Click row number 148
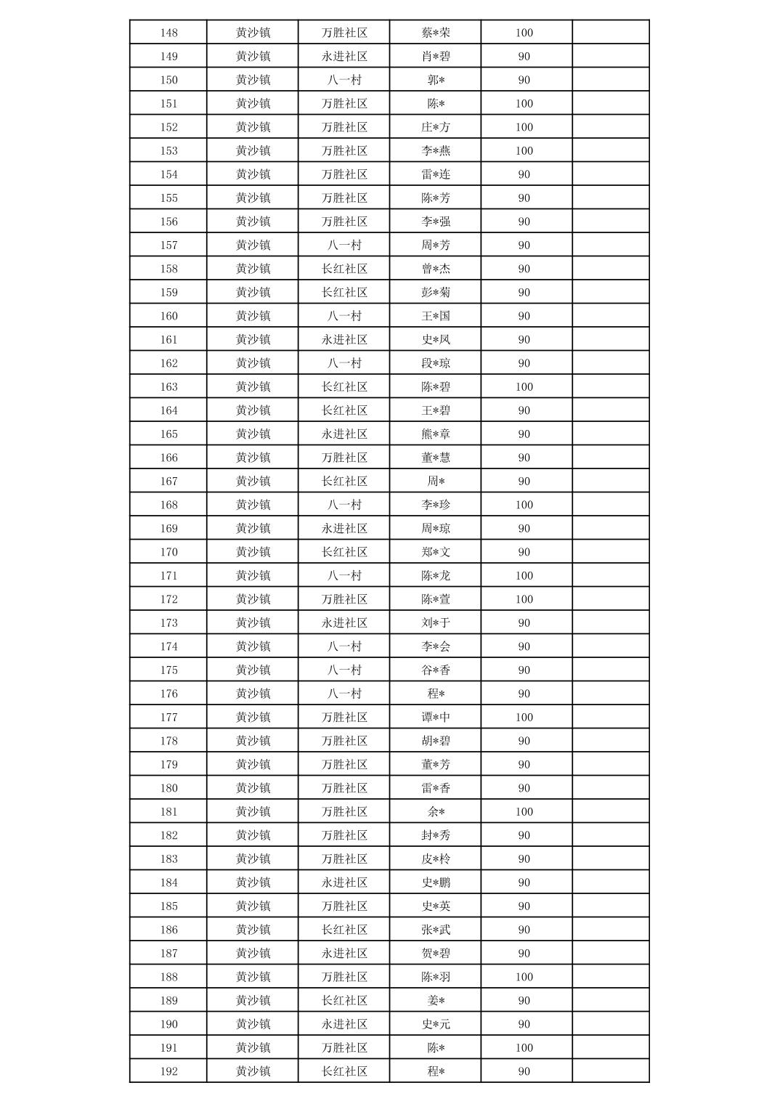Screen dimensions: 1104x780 pos(168,33)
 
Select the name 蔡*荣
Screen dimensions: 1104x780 pos(436,33)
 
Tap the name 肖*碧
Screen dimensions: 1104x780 pos(436,57)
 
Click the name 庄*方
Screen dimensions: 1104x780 pos(436,127)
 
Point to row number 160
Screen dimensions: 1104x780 pos(168,316)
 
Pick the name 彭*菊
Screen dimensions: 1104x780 pos(436,293)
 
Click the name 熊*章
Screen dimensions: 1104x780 pos(436,434)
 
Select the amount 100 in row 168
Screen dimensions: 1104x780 pos(524,505)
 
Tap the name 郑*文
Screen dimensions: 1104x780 pos(436,552)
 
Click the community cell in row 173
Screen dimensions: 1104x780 pos(344,623)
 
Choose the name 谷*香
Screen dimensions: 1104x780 pos(436,670)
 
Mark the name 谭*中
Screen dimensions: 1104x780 pos(436,718)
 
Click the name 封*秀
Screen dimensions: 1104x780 pos(436,835)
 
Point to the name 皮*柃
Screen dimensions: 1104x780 pos(436,859)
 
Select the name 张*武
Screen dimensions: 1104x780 pos(436,930)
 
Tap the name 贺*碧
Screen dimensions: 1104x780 pos(436,954)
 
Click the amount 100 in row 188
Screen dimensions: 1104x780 pos(524,977)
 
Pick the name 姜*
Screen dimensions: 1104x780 pos(436,1001)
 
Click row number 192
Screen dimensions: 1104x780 pos(168,1071)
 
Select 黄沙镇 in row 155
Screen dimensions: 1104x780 pos(253,198)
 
